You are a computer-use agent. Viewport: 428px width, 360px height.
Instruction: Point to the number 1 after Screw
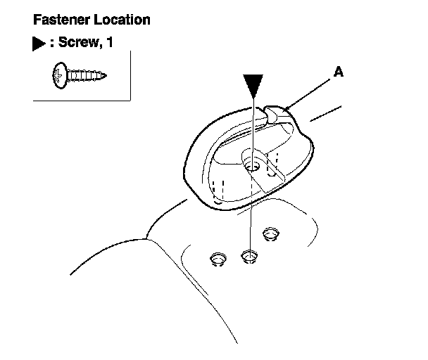pos(108,44)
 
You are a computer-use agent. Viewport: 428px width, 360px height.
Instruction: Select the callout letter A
pos(339,72)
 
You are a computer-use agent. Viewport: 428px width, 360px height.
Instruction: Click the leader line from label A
pos(310,91)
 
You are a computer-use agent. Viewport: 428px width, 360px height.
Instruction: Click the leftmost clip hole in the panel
pos(218,260)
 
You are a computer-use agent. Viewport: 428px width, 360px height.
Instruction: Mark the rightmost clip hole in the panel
pos(269,233)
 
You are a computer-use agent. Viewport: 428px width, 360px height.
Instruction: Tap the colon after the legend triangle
pos(51,44)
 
